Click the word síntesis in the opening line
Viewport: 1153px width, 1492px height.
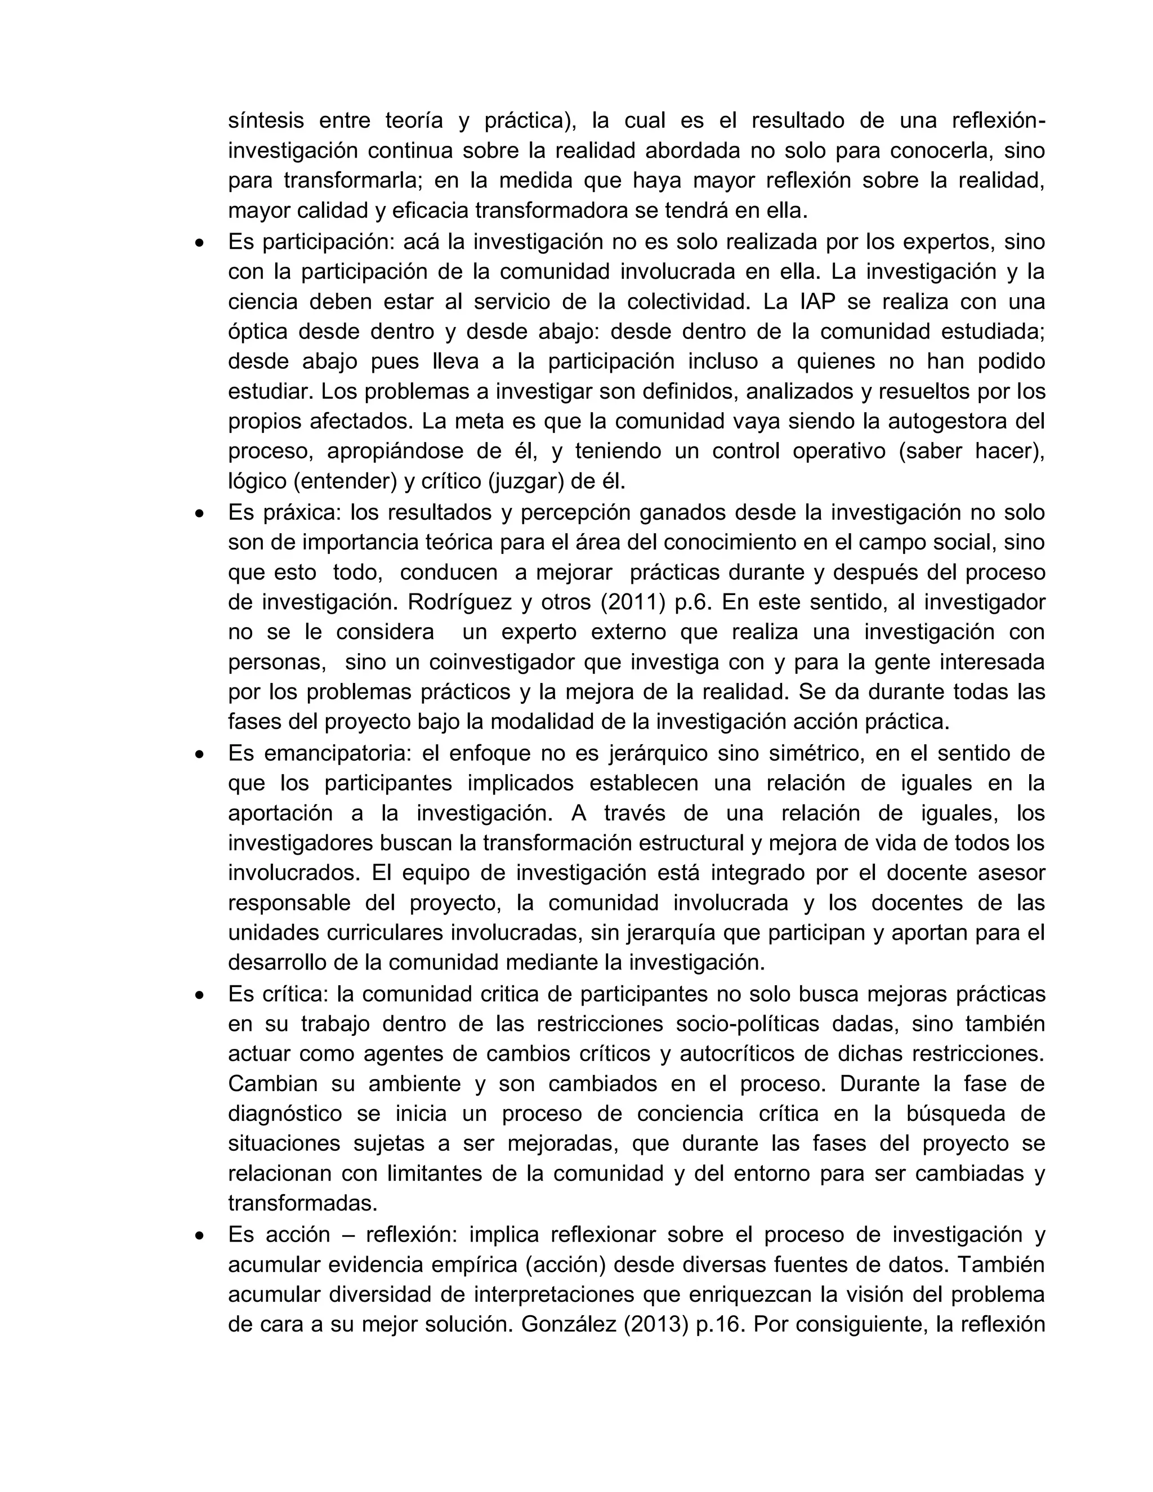tap(266, 121)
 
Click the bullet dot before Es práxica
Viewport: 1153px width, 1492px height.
tap(199, 513)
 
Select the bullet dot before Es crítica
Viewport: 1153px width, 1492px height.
tap(199, 995)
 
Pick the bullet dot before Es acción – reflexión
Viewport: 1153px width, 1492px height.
tap(199, 1236)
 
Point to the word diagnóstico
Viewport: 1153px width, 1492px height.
tap(285, 1114)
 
